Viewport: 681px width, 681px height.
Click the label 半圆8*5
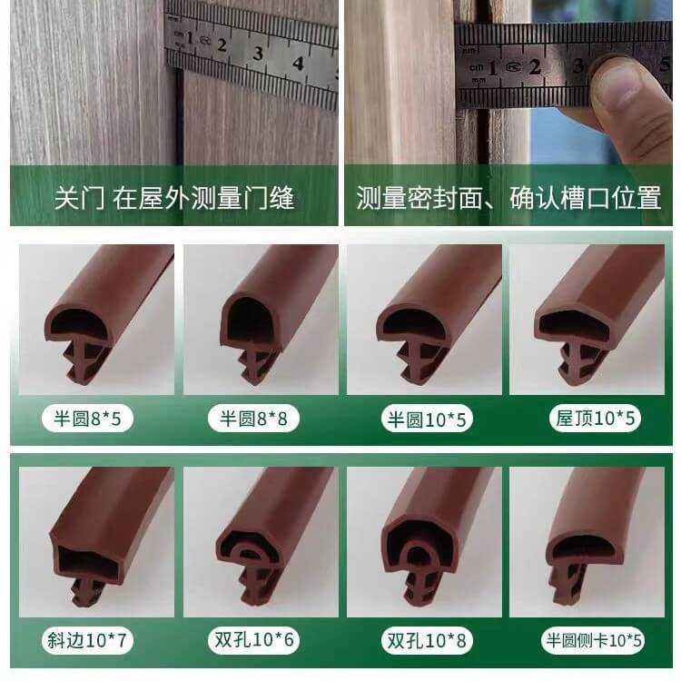(x=87, y=419)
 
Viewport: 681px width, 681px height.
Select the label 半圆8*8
(x=253, y=419)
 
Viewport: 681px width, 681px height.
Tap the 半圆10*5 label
(x=427, y=419)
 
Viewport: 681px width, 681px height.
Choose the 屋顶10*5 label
(x=595, y=419)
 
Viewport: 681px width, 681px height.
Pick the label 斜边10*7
(x=87, y=640)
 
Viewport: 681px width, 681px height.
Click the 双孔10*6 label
(x=254, y=639)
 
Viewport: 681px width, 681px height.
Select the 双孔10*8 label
(x=427, y=641)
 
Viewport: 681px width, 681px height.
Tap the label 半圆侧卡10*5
(x=594, y=640)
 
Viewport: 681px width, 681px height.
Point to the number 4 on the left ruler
(x=298, y=64)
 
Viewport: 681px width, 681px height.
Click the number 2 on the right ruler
(x=534, y=67)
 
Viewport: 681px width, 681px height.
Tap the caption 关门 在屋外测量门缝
(x=174, y=198)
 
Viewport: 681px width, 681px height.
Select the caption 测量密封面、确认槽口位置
(x=508, y=198)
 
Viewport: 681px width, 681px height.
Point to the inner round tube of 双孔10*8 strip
(x=417, y=552)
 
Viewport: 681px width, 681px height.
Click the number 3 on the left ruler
(x=258, y=54)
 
